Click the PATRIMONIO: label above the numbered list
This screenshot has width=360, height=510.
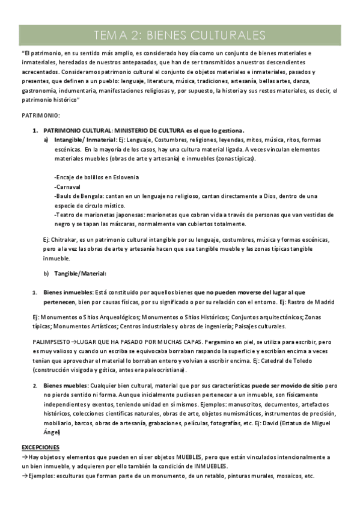pos(40,114)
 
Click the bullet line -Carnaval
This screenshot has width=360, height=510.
pos(68,186)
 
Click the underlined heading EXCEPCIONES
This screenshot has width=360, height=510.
pos(40,447)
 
